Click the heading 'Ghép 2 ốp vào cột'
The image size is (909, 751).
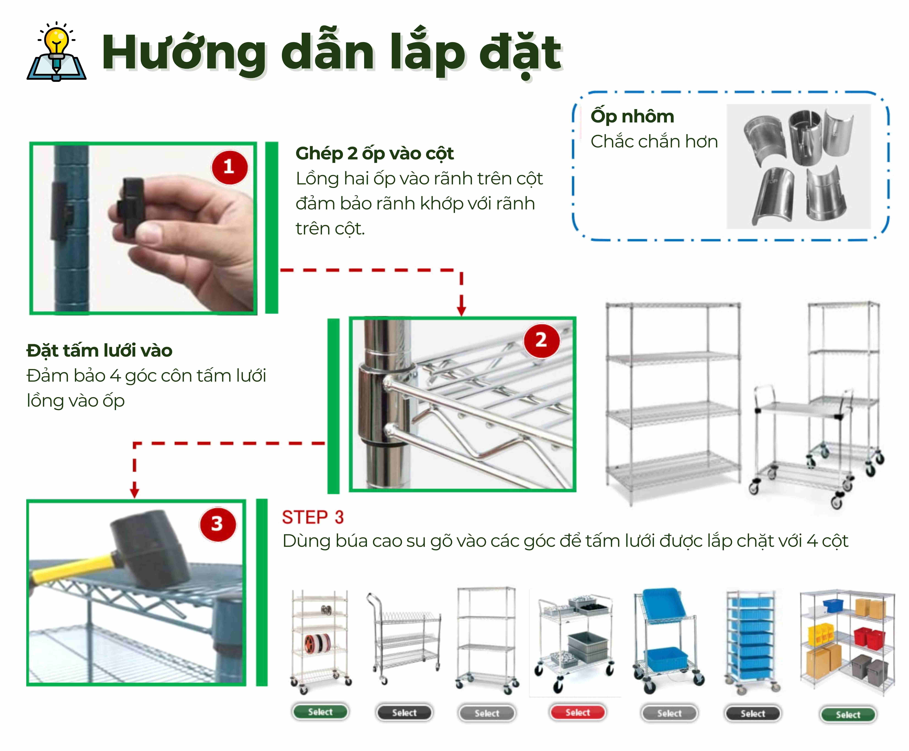[x=374, y=154]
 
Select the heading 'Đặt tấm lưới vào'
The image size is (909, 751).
[x=100, y=350]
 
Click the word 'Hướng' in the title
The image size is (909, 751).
[x=184, y=53]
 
